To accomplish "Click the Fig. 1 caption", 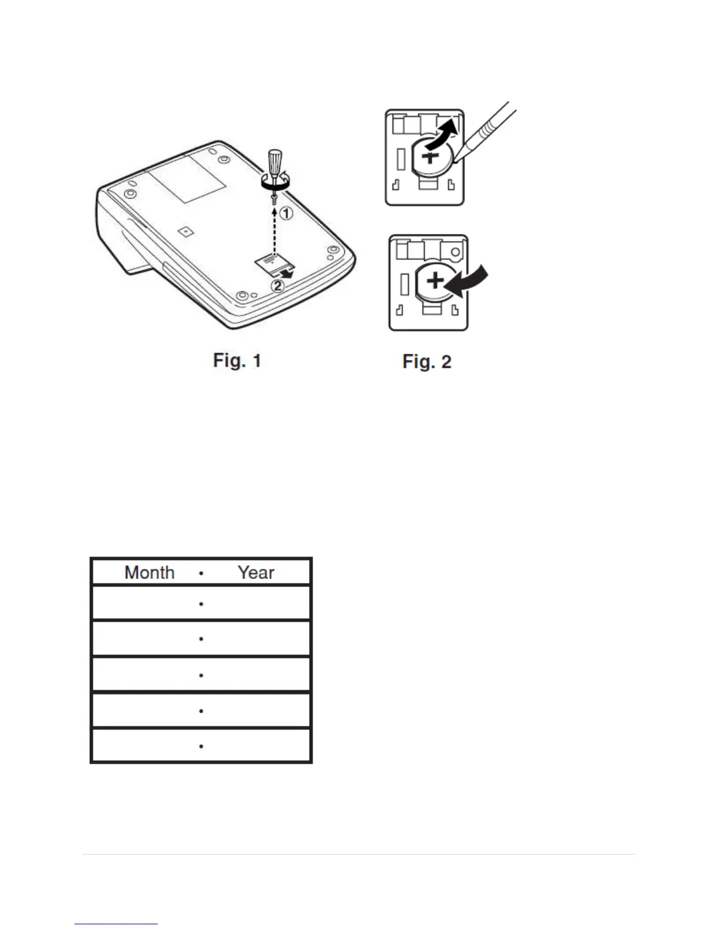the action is pyautogui.click(x=237, y=360).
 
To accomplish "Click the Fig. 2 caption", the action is pyautogui.click(x=426, y=361).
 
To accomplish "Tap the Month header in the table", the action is pyautogui.click(x=150, y=572).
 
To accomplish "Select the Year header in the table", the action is pyautogui.click(x=256, y=572).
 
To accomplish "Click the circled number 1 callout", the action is pyautogui.click(x=286, y=214).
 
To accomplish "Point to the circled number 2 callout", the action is pyautogui.click(x=277, y=286).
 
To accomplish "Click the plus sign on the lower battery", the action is pyautogui.click(x=435, y=281).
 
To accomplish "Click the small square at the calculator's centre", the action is pyautogui.click(x=185, y=232).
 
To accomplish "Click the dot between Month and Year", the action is pyautogui.click(x=201, y=573).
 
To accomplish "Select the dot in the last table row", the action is pyautogui.click(x=201, y=747).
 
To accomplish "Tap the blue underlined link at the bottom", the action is pyautogui.click(x=116, y=924).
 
